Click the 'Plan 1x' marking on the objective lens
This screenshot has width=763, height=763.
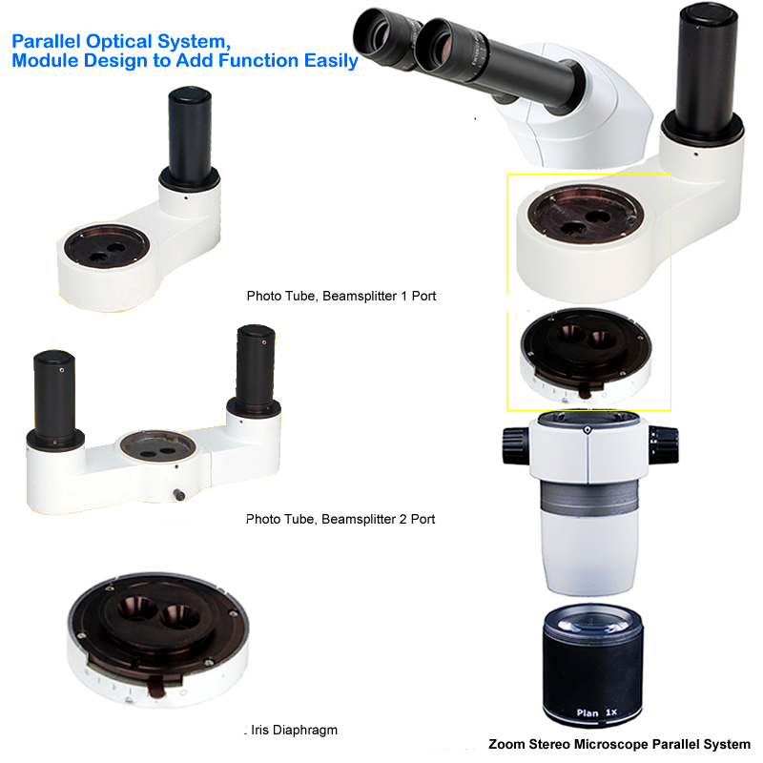tap(597, 712)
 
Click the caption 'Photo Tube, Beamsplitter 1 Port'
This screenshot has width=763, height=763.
tap(341, 296)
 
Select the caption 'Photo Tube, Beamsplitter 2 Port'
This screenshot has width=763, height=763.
tap(340, 519)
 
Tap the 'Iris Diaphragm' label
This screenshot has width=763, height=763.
tap(294, 730)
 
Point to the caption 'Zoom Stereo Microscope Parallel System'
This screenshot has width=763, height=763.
tap(619, 745)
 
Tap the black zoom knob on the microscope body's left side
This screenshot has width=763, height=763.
tap(516, 444)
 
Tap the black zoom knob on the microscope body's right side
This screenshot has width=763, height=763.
tap(663, 443)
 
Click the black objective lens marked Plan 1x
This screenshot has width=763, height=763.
tap(592, 665)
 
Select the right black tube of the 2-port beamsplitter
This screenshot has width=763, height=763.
tap(256, 367)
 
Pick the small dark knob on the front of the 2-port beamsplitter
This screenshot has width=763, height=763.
tap(179, 495)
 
